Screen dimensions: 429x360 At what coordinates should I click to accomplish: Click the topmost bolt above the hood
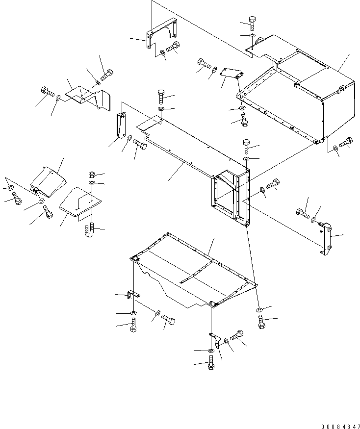pos(251,22)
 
